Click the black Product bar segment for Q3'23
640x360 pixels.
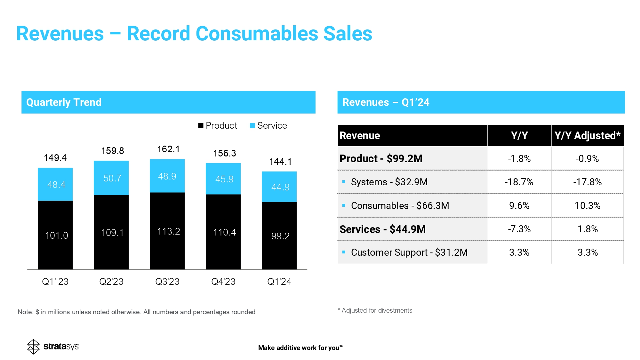pos(167,230)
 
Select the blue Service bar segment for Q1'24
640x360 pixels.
pos(279,187)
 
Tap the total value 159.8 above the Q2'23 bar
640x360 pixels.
pos(113,151)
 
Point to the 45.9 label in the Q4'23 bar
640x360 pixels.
pos(224,179)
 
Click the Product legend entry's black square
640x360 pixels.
pos(201,125)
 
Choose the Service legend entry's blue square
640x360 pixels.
pos(252,125)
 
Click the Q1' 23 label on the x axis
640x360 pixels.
pos(55,282)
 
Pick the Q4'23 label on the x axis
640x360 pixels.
pos(223,282)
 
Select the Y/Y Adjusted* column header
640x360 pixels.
pos(587,136)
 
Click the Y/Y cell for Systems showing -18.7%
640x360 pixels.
pos(519,182)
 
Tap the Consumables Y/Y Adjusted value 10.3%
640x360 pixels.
pos(587,205)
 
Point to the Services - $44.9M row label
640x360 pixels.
pos(382,229)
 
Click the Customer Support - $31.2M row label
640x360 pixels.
pos(409,252)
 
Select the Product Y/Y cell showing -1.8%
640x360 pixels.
pos(519,159)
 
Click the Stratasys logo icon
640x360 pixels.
pos(33,347)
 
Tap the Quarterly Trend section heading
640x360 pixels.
pos(64,102)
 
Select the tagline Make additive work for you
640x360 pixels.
pos(300,348)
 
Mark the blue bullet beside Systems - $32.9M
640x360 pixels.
pos(344,182)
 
